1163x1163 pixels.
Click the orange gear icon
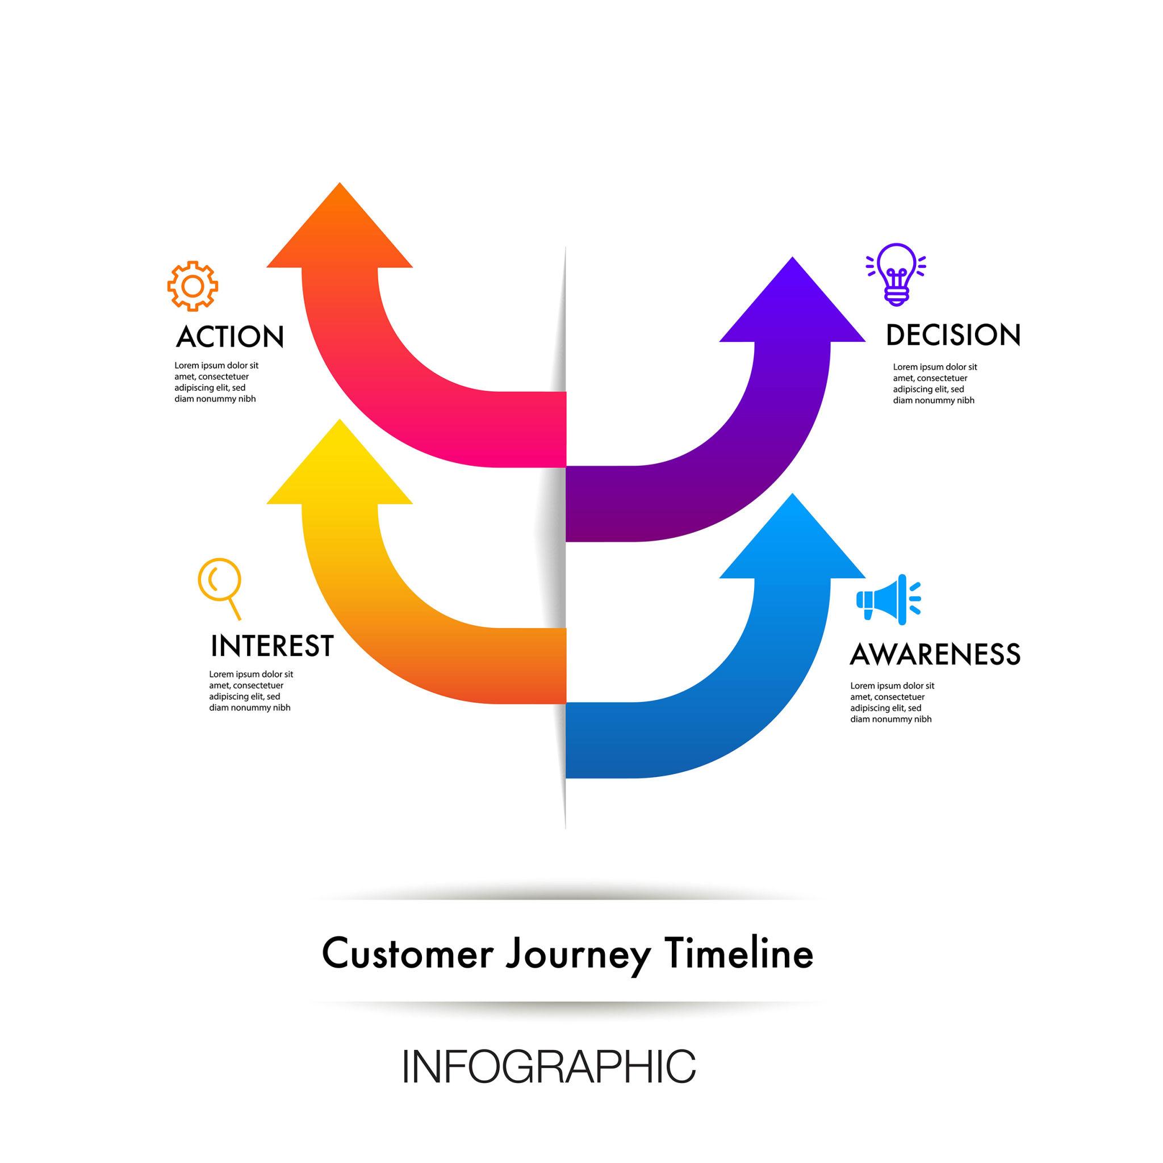tap(193, 286)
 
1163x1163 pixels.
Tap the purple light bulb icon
tap(896, 274)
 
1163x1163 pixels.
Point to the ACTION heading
tap(230, 337)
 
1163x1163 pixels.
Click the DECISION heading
tap(953, 335)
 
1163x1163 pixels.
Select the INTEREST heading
tap(272, 646)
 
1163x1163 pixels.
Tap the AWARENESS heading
tap(935, 654)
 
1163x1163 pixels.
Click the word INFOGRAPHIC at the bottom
tap(549, 1066)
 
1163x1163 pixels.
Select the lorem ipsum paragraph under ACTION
tap(217, 382)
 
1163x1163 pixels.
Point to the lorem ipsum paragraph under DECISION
tap(935, 384)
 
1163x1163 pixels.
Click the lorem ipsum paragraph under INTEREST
tap(251, 691)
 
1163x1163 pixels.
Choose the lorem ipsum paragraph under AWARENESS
tap(892, 702)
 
